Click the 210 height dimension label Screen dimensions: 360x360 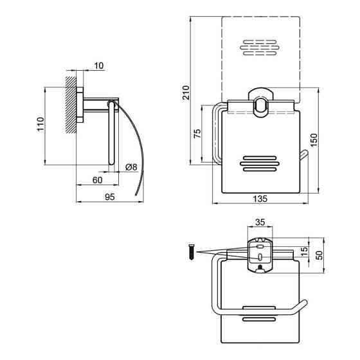pos(186,93)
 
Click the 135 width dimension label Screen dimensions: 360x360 pos(260,199)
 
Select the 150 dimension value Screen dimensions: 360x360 pos(314,140)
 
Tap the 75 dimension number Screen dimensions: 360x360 pos(197,134)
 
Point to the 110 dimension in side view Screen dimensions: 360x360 pos(40,124)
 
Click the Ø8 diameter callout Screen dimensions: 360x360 pos(132,167)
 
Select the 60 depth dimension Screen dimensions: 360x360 pos(97,180)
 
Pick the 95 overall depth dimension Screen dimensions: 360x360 pos(109,197)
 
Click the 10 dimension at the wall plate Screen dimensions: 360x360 pos(99,66)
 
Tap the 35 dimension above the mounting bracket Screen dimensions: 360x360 pos(260,222)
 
